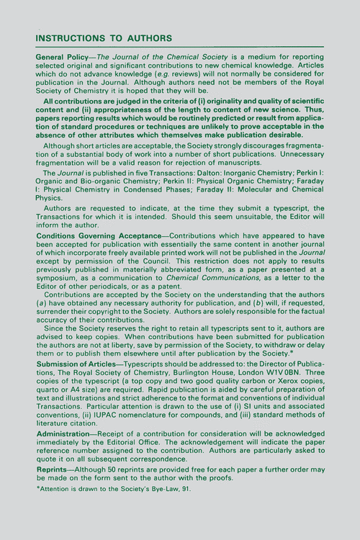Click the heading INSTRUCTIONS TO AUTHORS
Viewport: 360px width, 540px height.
click(x=104, y=37)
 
